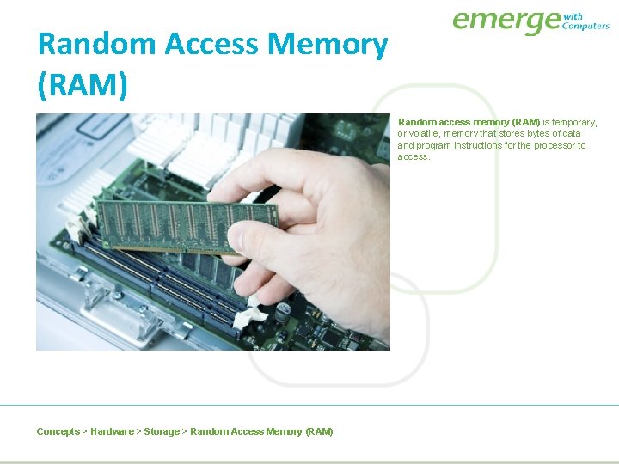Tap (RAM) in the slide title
point(83,84)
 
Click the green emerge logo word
point(506,21)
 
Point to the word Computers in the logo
point(585,27)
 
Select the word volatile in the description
point(425,134)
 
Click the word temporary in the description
point(574,123)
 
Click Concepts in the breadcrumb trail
point(58,431)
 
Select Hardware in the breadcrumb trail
point(112,431)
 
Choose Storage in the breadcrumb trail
point(162,431)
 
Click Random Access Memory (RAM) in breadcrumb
point(261,431)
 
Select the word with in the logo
point(573,16)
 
